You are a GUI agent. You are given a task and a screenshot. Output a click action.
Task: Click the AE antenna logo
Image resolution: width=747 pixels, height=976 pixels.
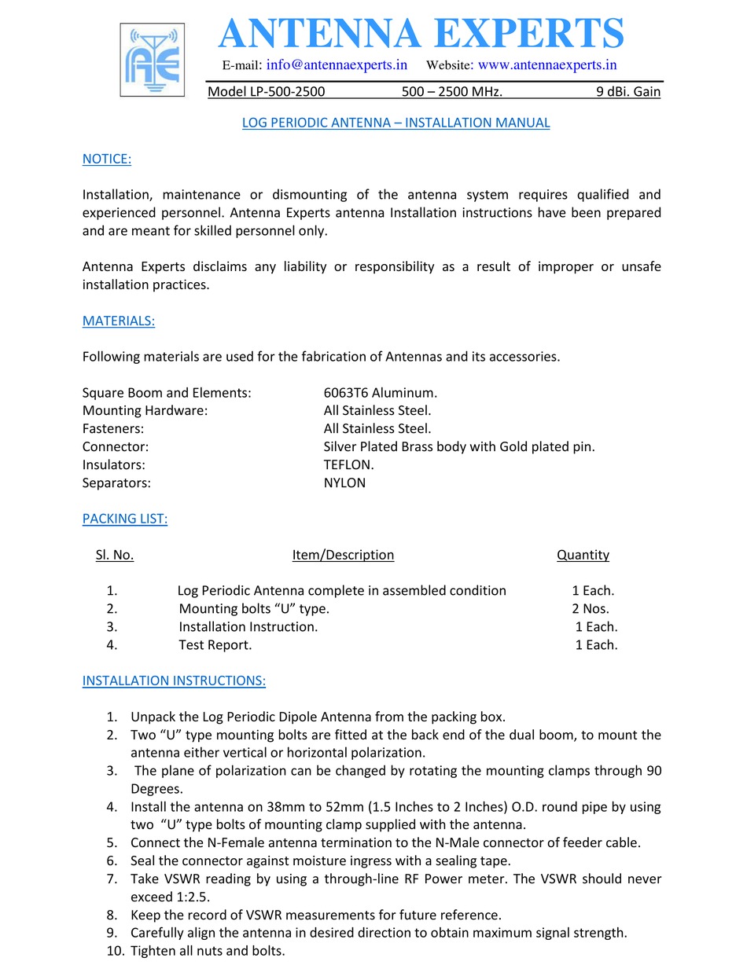[152, 60]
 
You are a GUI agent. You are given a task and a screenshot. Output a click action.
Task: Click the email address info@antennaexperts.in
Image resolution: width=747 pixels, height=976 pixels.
[336, 64]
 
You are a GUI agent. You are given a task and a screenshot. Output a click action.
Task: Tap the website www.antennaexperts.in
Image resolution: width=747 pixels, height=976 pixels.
[546, 64]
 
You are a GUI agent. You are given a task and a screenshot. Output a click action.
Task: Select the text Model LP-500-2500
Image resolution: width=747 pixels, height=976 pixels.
[266, 92]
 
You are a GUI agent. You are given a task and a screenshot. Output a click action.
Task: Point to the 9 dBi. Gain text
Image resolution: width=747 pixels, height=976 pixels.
[627, 92]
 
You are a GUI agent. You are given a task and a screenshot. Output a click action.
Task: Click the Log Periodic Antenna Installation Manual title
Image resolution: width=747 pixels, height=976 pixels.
[396, 123]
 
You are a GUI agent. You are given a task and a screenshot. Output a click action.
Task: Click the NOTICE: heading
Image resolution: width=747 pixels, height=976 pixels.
[106, 159]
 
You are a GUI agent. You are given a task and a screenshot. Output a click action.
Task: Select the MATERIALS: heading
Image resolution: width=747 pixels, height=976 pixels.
[118, 321]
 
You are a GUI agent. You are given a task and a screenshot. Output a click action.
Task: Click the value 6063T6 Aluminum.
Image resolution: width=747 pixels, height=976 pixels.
[380, 392]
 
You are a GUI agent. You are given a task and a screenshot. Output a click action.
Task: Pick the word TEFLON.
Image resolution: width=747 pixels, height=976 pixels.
[348, 464]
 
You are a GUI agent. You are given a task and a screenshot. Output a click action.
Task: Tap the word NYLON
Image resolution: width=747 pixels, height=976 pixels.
[344, 482]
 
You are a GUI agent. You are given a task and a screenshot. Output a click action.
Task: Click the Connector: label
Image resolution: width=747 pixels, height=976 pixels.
[115, 446]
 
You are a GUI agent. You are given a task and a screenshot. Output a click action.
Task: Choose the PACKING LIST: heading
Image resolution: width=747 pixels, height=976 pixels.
[124, 519]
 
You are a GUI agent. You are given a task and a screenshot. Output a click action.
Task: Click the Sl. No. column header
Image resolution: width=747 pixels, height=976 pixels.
[115, 555]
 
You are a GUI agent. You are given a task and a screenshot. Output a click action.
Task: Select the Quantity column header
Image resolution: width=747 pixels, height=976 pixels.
[583, 555]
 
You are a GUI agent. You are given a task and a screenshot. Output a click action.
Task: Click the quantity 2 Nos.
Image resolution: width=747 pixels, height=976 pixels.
[590, 608]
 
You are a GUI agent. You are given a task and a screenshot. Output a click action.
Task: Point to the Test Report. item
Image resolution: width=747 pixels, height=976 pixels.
[215, 644]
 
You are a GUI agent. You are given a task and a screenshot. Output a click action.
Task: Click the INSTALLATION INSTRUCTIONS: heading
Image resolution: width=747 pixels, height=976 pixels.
[174, 681]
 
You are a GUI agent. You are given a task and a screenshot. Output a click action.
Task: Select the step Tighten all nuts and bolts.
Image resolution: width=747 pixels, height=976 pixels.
[208, 951]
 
